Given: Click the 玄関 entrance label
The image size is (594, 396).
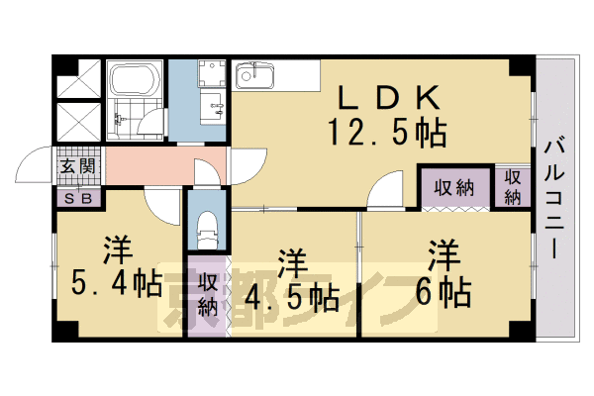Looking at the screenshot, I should [x=76, y=166].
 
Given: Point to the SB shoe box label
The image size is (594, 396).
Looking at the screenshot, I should [x=76, y=196].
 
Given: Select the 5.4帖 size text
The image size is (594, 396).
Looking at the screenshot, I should [x=117, y=284].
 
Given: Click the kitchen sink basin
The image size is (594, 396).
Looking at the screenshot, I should [x=255, y=75].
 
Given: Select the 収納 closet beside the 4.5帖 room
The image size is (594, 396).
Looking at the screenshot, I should [x=208, y=295].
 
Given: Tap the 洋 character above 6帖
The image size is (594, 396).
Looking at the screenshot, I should [x=443, y=255].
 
